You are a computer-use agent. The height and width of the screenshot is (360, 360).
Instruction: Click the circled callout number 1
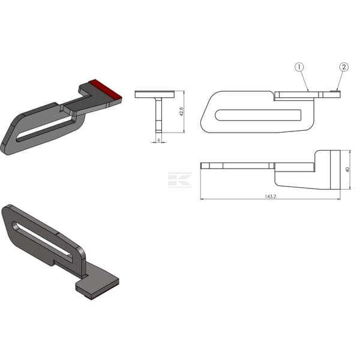tap(299, 67)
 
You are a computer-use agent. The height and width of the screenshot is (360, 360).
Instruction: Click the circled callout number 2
tap(344, 67)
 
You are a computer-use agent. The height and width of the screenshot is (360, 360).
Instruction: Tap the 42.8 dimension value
tap(182, 112)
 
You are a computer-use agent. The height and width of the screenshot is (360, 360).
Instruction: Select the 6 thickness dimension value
tap(158, 140)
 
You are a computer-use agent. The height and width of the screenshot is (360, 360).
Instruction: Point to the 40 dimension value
tap(347, 170)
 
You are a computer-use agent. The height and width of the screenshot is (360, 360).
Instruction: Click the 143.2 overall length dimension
tap(270, 197)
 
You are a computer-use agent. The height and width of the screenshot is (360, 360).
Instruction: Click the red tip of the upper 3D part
tap(106, 90)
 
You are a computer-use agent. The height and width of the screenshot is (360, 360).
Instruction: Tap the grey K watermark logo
tap(180, 180)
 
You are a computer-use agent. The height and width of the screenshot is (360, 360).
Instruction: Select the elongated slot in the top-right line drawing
tap(258, 115)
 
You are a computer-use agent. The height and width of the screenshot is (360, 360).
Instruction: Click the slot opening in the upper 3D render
tap(44, 129)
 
